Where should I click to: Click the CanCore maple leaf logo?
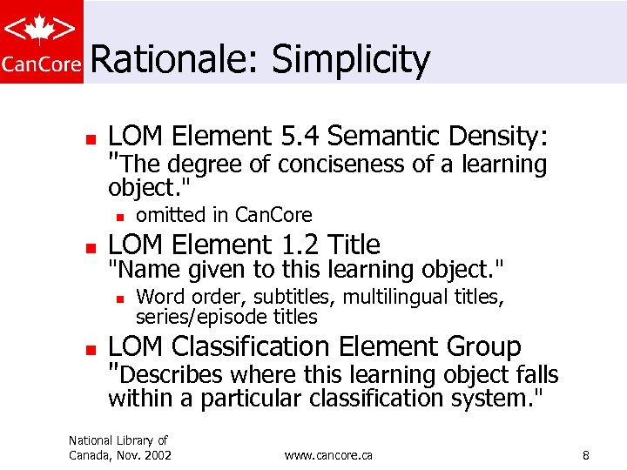coord(42,41)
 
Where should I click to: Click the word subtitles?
coord(293,298)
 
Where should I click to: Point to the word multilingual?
coord(392,298)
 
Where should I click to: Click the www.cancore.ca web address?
coord(328,455)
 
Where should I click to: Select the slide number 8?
coord(586,455)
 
